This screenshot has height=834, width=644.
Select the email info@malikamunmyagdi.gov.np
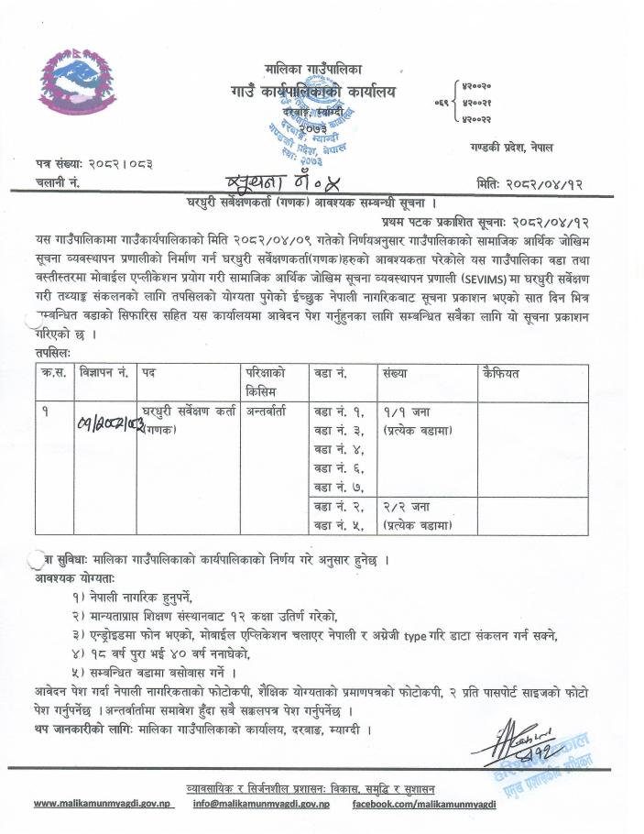tap(261, 804)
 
